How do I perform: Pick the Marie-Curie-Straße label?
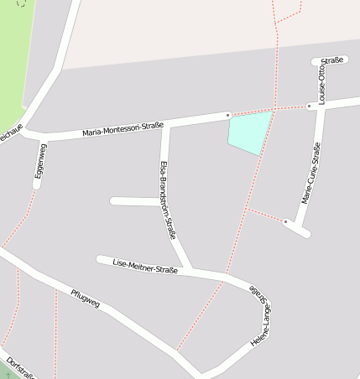(311, 174)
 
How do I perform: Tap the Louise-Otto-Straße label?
(322, 80)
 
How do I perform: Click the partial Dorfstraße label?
(20, 369)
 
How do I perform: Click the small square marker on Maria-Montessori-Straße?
(227, 115)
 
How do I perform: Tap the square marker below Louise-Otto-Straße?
(310, 106)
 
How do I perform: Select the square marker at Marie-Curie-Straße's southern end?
(286, 221)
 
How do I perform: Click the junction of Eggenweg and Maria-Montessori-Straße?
(42, 138)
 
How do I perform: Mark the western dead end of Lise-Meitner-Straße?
(100, 259)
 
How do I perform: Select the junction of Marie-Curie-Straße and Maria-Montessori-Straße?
(321, 106)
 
